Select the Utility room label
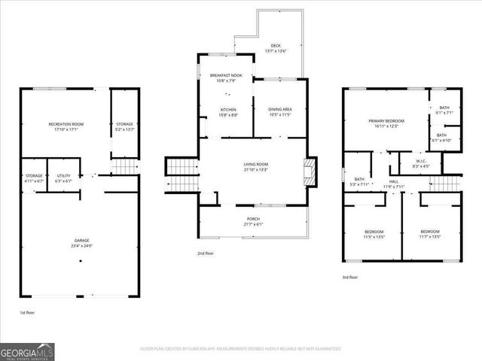(x=63, y=177)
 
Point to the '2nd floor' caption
(x=206, y=253)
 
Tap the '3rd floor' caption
(x=349, y=278)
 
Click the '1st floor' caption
(x=27, y=312)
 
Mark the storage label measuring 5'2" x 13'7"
(x=124, y=126)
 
